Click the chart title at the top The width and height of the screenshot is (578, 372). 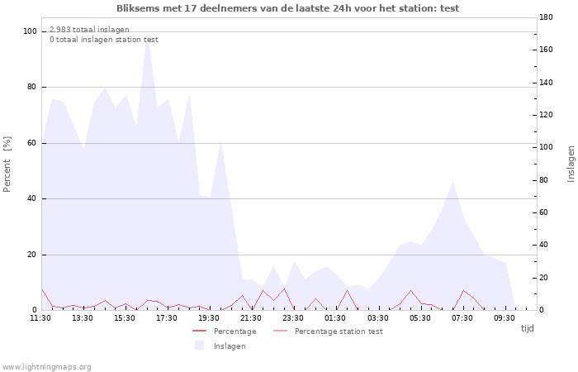[288, 8]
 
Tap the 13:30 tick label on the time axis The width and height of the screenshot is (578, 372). [83, 318]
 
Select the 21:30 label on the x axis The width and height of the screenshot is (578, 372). [251, 318]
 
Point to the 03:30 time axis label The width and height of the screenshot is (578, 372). [378, 318]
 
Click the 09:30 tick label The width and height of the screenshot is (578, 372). [505, 318]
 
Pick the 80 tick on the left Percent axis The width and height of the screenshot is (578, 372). [31, 87]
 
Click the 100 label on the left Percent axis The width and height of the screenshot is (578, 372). [30, 31]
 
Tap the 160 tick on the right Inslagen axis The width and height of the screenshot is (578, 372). [546, 50]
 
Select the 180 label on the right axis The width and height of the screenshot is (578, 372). [546, 17]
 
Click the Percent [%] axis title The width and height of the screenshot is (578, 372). [7, 165]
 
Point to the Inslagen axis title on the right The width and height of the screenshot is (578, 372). [571, 165]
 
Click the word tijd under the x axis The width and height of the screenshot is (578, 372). [527, 328]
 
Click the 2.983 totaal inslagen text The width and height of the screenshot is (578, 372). [89, 30]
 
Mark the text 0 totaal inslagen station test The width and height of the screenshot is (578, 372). [104, 40]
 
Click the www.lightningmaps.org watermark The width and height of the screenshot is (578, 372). [45, 367]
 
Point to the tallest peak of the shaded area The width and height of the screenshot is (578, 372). [147, 35]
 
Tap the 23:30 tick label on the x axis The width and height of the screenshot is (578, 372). [293, 318]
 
